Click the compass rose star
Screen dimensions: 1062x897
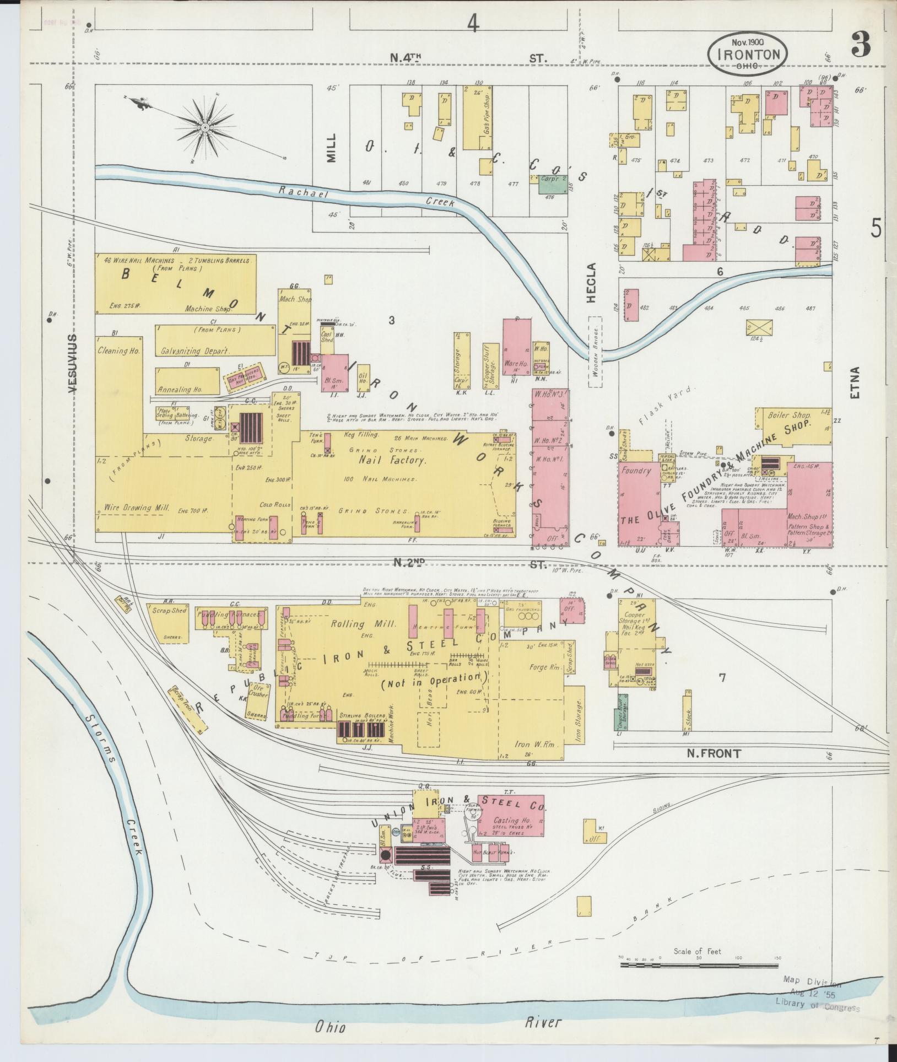pos(205,128)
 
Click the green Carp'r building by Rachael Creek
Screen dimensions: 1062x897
pos(551,185)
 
